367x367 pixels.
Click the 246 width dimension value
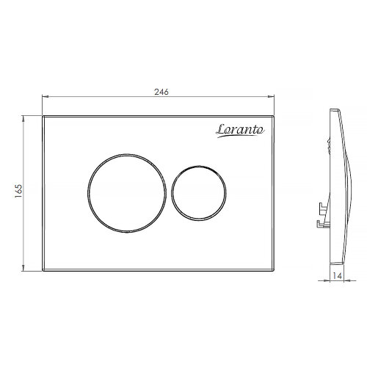coord(161,92)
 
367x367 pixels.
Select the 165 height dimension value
coord(18,191)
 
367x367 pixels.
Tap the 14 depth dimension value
coord(337,276)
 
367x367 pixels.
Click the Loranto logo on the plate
coord(240,130)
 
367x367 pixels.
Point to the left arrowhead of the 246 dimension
coord(46,97)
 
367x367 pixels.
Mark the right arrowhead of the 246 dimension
coord(271,97)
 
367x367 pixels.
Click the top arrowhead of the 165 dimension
coord(23,119)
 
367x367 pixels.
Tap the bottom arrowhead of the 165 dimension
coord(23,268)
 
